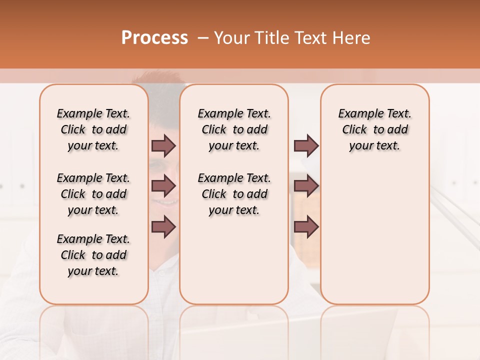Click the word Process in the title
tap(154, 37)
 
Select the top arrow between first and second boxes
tap(163, 146)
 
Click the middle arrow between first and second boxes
tap(163, 186)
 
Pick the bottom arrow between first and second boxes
tap(163, 227)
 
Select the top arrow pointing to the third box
tap(306, 146)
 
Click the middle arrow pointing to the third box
tap(306, 186)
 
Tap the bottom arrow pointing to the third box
tap(306, 227)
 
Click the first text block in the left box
tap(93, 129)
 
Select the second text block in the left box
tap(93, 194)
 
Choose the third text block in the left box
tap(93, 255)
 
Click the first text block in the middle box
tap(234, 129)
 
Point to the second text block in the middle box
tap(234, 194)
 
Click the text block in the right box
tap(375, 129)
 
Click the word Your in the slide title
tap(231, 38)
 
